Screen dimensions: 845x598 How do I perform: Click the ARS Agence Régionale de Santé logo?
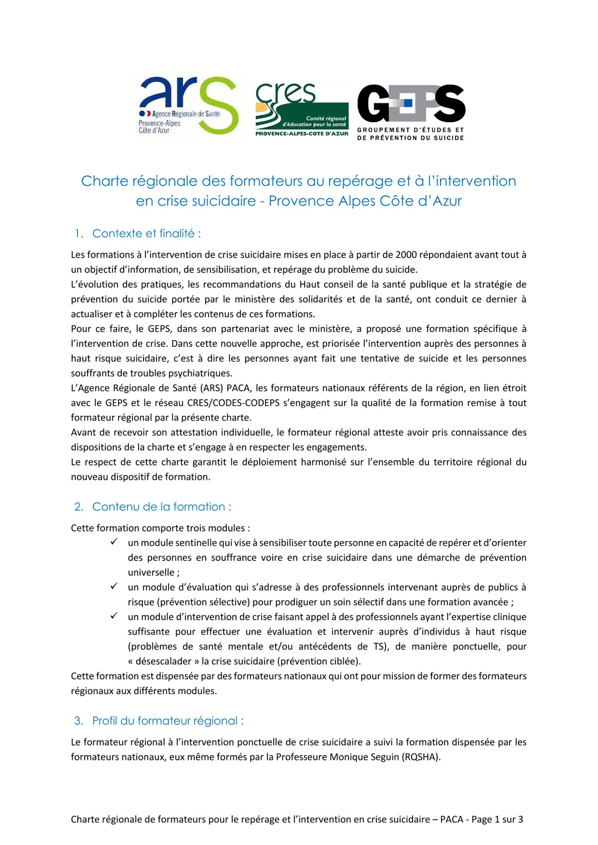pos(188,106)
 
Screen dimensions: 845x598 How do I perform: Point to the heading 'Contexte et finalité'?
pos(146,233)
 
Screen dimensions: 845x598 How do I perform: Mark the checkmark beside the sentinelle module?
pos(114,542)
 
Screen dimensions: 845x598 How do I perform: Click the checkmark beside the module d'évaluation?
pos(114,586)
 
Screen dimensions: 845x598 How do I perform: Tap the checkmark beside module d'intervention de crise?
pos(114,616)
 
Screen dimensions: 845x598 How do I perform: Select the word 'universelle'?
pos(151,572)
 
